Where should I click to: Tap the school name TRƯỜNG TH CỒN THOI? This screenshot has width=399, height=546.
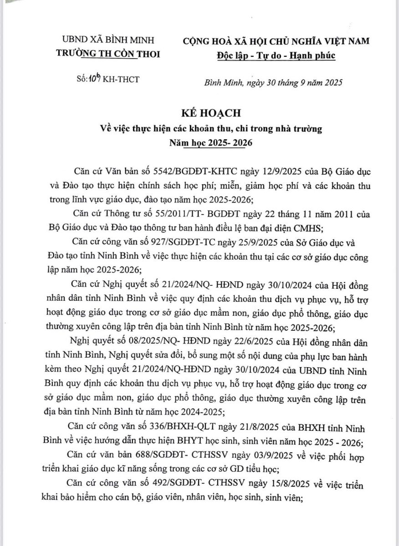point(108,54)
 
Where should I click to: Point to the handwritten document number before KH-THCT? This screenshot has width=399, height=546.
point(95,79)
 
